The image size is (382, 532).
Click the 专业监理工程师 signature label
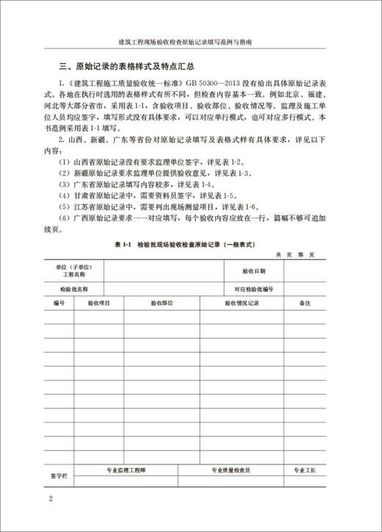[126, 469]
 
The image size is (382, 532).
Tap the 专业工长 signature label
[304, 469]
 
